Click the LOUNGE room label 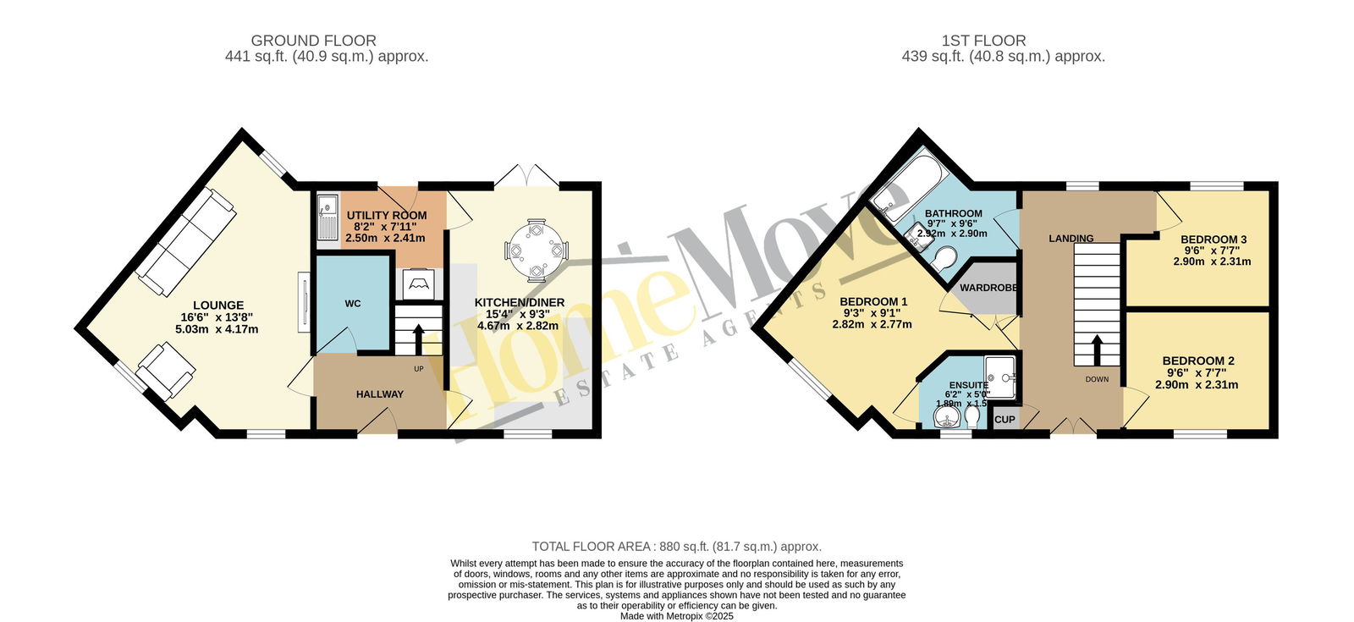(218, 305)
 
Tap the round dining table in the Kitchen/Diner (537, 250)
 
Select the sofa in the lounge (186, 241)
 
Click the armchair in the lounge (166, 372)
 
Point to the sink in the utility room (327, 217)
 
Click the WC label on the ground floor (353, 304)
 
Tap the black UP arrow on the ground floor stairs (418, 339)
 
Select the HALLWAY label (380, 394)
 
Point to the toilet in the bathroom (943, 258)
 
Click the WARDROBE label (988, 288)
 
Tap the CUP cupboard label (1004, 420)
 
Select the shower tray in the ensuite (999, 379)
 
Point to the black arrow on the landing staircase (1096, 350)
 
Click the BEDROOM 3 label (1214, 239)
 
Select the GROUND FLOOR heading (314, 41)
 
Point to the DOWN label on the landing (1097, 380)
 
